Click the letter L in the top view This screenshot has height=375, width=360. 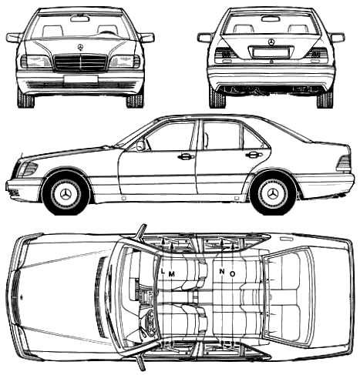tap(163, 271)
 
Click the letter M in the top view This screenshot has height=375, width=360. tap(171, 274)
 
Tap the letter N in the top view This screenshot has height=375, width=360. tap(221, 271)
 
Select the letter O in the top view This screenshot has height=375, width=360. tap(232, 274)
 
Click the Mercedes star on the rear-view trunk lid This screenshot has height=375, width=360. tap(271, 42)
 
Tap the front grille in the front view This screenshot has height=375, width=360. tap(80, 62)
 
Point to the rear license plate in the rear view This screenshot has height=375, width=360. tap(271, 52)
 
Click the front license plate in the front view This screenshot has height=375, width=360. tap(80, 79)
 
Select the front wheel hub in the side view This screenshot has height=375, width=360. tap(66, 194)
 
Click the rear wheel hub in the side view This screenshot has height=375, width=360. tap(274, 193)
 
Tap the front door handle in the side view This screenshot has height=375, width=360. tap(186, 156)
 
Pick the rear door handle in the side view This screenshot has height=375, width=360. tap(254, 155)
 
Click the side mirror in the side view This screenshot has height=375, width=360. tap(141, 146)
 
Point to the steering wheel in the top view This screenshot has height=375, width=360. tap(148, 320)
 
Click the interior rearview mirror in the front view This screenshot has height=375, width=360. tap(80, 18)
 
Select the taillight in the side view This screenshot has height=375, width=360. tap(344, 163)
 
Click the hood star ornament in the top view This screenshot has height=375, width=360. tap(22, 297)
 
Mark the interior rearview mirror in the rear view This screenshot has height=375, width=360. tap(271, 18)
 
